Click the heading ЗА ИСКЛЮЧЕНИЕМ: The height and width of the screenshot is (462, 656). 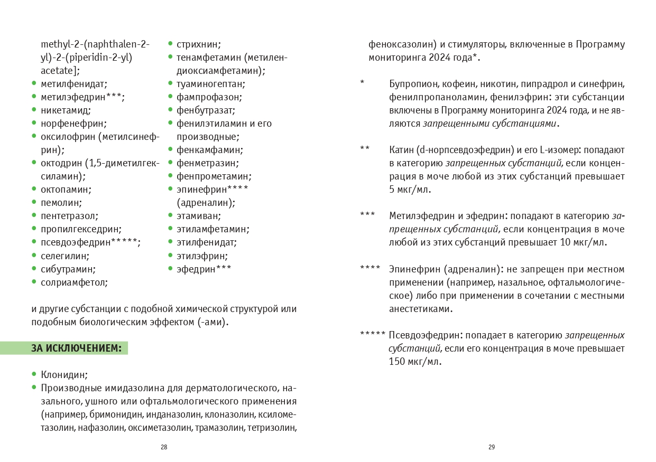pos(76,348)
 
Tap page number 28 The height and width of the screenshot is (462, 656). pos(164,447)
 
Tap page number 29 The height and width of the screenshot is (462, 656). pos(492,447)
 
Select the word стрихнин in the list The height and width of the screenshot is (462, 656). pos(198,44)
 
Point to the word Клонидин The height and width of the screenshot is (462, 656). pos(64,375)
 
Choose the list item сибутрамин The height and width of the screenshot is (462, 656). pos(68,269)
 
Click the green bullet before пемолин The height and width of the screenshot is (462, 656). pos(34,202)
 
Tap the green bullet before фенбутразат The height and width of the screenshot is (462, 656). pos(170,110)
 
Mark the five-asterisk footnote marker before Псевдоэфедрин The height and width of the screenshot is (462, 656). pos(373,335)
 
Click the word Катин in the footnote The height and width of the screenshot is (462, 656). pos(401,150)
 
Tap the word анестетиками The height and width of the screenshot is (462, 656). pos(420,309)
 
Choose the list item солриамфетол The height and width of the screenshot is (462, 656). pos(74,282)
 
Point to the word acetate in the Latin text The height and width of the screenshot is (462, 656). pos(59,70)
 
